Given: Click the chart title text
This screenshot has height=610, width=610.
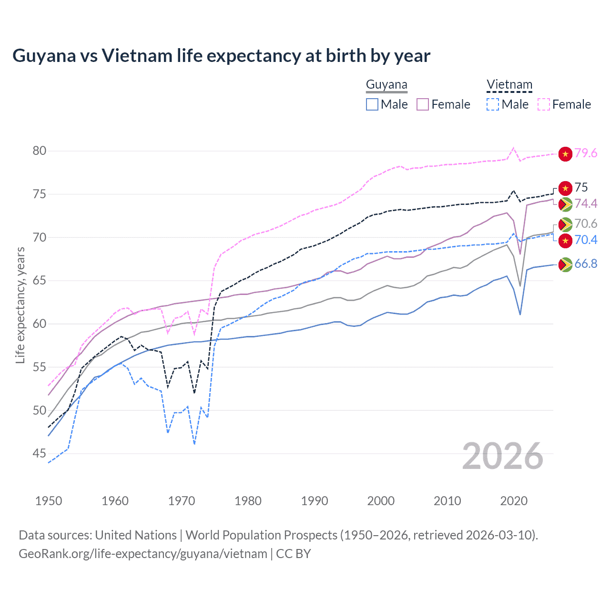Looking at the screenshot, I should tap(221, 56).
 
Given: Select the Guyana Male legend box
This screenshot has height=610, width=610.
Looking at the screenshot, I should tap(372, 104).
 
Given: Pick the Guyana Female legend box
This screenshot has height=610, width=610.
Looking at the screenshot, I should tap(423, 104).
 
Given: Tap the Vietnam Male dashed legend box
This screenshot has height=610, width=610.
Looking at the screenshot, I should tap(493, 104).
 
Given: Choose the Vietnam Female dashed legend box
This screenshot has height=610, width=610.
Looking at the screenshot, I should tap(543, 104).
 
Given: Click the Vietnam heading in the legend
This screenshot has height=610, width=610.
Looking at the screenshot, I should tap(509, 85).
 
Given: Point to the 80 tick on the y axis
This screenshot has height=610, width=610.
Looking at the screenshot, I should tap(39, 151).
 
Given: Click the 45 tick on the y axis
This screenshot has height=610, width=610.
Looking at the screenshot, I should tap(39, 454).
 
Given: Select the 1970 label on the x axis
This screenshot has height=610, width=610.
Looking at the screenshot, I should tap(182, 501).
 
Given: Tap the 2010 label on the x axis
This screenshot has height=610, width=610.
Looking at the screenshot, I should tap(447, 501).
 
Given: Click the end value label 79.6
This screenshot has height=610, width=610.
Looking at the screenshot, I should tap(586, 153).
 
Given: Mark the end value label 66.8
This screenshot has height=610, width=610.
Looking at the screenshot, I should tap(586, 264).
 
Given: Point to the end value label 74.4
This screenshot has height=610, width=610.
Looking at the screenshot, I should tap(586, 204).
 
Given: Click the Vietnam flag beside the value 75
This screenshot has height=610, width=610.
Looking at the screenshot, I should tap(565, 188).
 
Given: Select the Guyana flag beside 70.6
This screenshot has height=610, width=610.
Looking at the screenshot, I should tap(565, 224).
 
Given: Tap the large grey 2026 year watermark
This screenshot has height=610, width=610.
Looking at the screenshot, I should tap(503, 457).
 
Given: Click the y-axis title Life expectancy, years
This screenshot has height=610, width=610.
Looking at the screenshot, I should tap(20, 305).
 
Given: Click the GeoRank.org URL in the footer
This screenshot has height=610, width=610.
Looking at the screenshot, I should tap(143, 554).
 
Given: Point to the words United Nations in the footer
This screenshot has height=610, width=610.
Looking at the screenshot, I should tap(136, 535).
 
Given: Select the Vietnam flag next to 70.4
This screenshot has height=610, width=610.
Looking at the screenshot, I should tap(565, 241).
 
